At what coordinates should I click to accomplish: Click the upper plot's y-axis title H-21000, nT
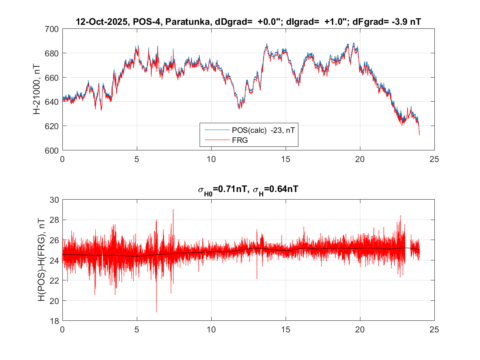(x=37, y=90)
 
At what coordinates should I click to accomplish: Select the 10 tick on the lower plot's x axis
(x=211, y=330)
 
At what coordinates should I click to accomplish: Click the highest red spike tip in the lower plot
(x=173, y=209)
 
